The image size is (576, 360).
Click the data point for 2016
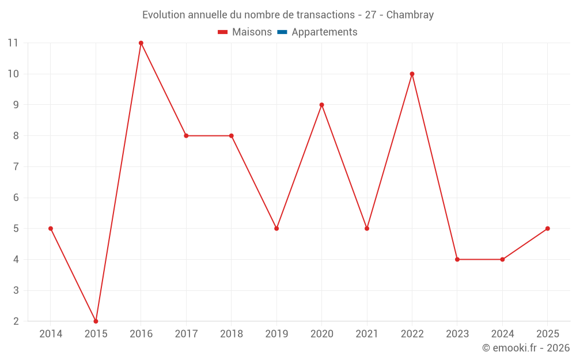coord(141,43)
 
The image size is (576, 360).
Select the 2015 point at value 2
coord(96,321)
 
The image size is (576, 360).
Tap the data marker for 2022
coord(412,74)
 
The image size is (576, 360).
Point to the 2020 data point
coord(321,105)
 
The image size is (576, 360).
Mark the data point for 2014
coord(51,229)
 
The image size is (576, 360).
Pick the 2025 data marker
coord(547,229)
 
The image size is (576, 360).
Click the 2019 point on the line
coord(276,229)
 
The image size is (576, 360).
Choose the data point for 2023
coord(457,259)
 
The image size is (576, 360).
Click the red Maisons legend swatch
coord(223,32)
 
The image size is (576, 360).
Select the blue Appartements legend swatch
coord(282,32)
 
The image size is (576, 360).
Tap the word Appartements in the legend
coord(324,32)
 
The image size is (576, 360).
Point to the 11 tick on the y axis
coord(13,43)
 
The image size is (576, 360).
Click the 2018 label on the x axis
coord(231,334)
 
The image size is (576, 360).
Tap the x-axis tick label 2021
coord(367,334)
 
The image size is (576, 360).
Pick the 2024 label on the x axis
coord(502,334)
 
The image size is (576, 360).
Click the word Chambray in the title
coord(410,15)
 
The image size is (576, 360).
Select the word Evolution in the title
coord(165,15)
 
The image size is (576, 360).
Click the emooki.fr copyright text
coord(526,348)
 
